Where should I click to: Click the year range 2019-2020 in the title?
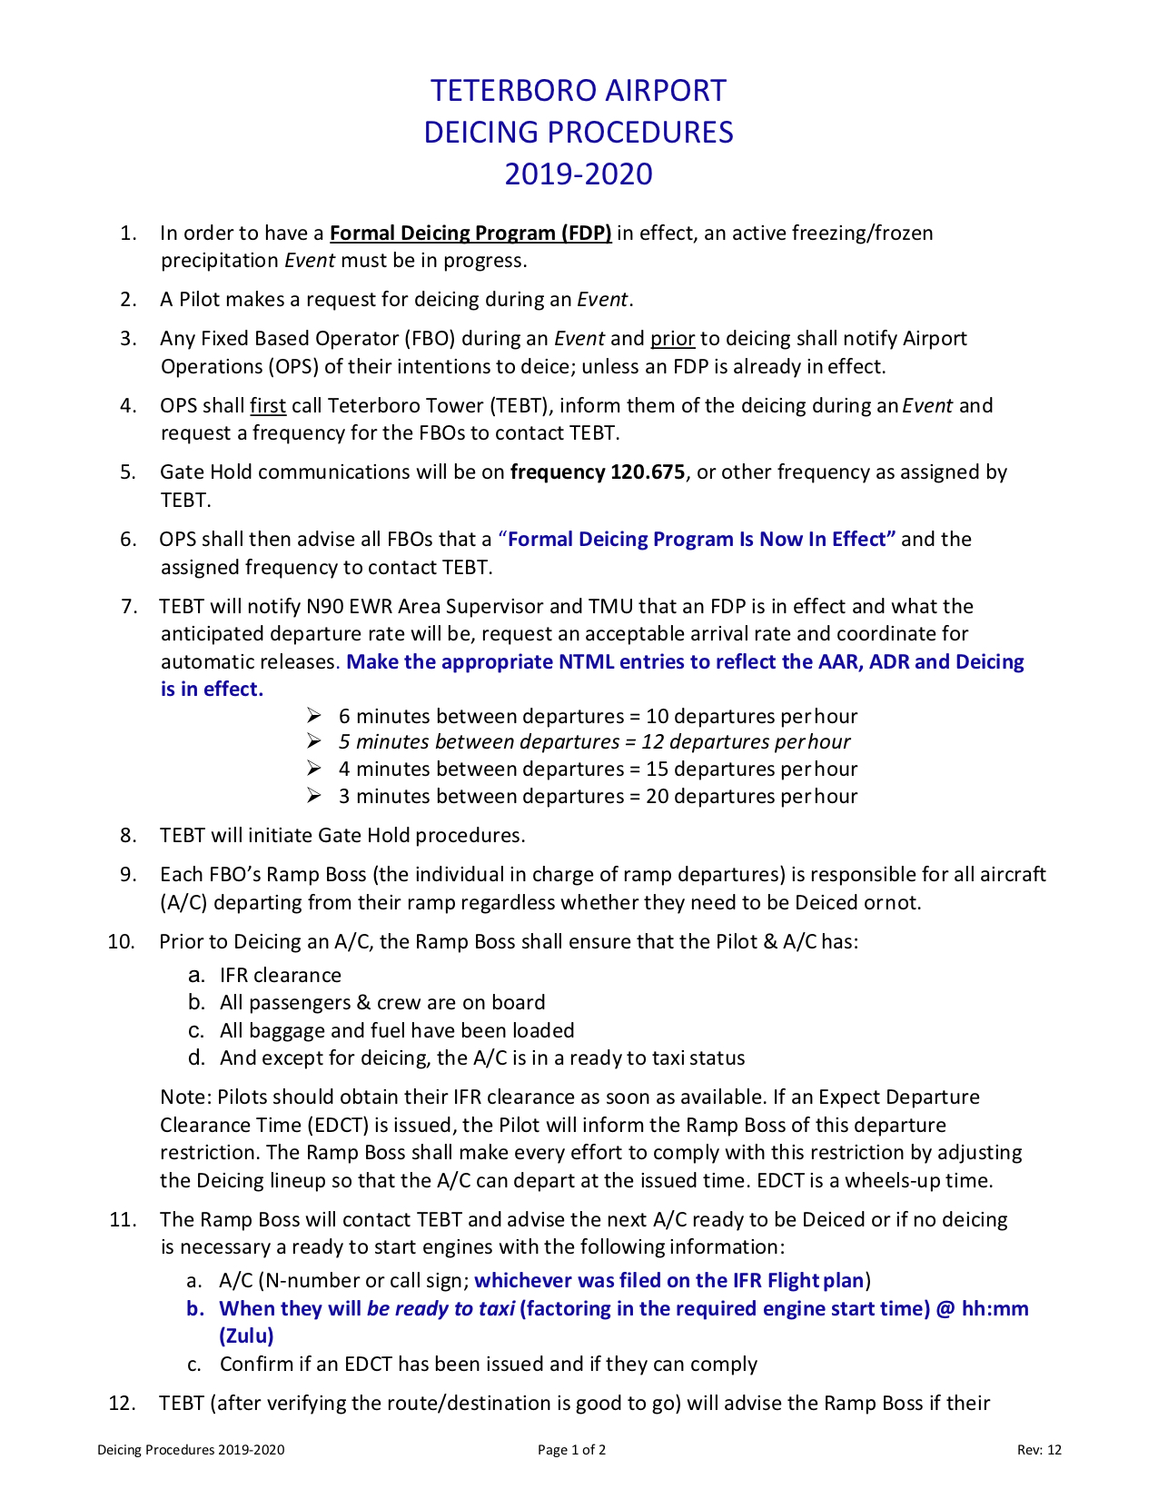579,174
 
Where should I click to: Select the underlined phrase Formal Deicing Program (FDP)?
470,233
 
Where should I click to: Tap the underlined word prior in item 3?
672,339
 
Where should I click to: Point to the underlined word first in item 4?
268,405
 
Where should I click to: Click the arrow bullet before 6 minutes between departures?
314,716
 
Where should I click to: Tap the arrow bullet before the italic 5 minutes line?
314,741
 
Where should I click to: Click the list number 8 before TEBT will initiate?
128,836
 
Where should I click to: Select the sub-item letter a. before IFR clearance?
196,976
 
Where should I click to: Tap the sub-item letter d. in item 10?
196,1058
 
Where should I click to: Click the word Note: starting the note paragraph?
186,1097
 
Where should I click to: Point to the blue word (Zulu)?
246,1336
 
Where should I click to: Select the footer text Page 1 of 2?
571,1450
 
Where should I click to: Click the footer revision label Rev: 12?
1039,1450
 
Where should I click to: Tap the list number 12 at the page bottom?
122,1404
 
